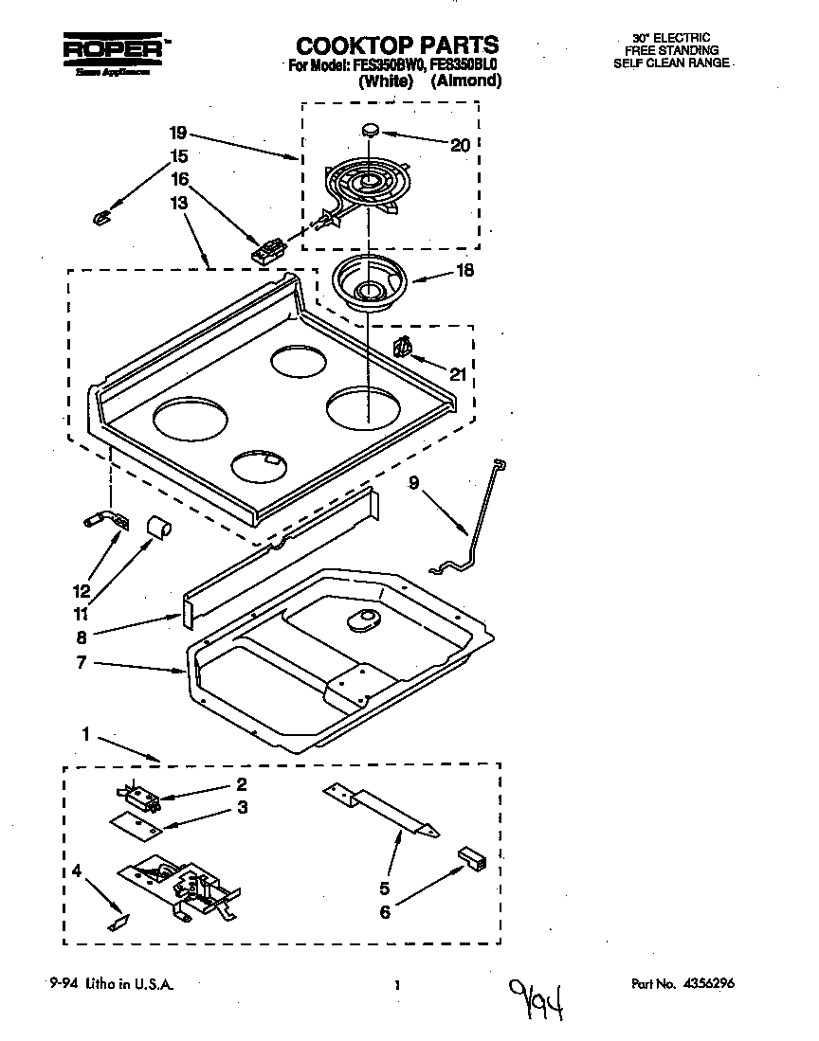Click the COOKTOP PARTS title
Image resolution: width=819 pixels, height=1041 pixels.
point(397,45)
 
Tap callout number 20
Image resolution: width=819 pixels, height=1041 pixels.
point(460,145)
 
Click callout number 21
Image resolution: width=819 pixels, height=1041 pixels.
point(458,374)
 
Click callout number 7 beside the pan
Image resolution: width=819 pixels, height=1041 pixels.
point(82,663)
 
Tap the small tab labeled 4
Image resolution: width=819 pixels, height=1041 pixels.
point(118,921)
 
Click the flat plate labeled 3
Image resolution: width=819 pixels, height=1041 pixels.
point(133,825)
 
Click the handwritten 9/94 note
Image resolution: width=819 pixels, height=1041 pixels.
point(536,996)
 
